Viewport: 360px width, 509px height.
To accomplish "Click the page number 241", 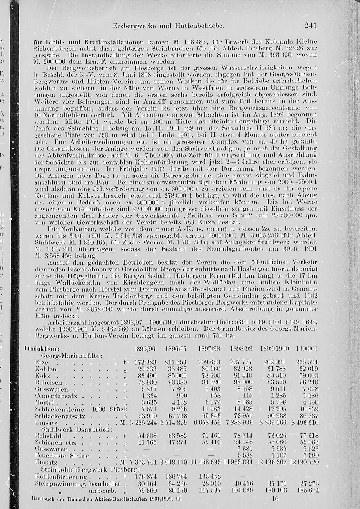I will tap(310, 26).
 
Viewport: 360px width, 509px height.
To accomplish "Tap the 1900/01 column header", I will tap(307, 349).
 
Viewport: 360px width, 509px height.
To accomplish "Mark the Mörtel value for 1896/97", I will tap(176, 402).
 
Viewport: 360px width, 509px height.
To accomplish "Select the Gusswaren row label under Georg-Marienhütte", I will tap(52, 389).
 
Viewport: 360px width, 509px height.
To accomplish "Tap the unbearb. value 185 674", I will tap(306, 490).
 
